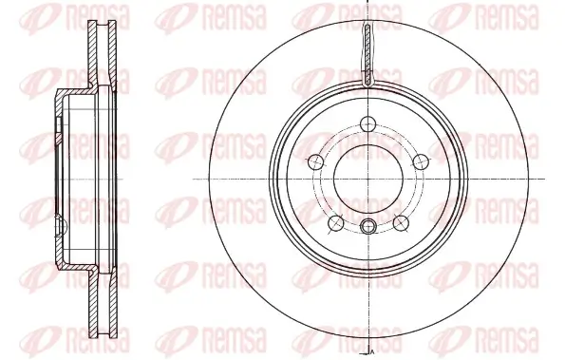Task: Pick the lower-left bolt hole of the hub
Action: point(335,222)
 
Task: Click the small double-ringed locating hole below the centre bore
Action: point(368,225)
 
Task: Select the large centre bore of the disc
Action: point(368,180)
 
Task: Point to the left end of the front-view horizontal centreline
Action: point(195,180)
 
